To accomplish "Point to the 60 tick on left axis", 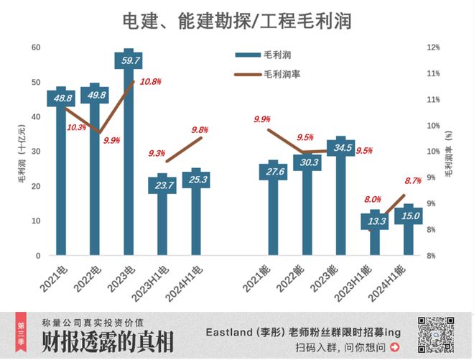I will coord(35,47).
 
